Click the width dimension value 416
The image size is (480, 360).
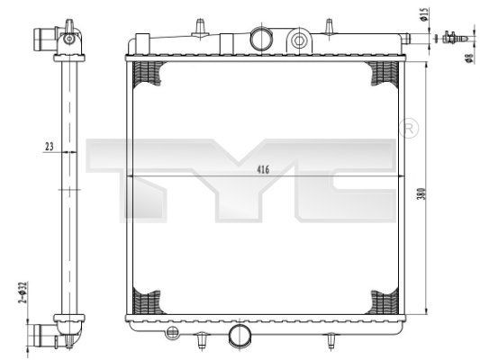coord(263,168)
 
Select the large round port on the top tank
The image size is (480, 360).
coord(260,38)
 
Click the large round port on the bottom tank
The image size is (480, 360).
coord(240,335)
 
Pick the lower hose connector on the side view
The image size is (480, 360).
coord(45,334)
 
